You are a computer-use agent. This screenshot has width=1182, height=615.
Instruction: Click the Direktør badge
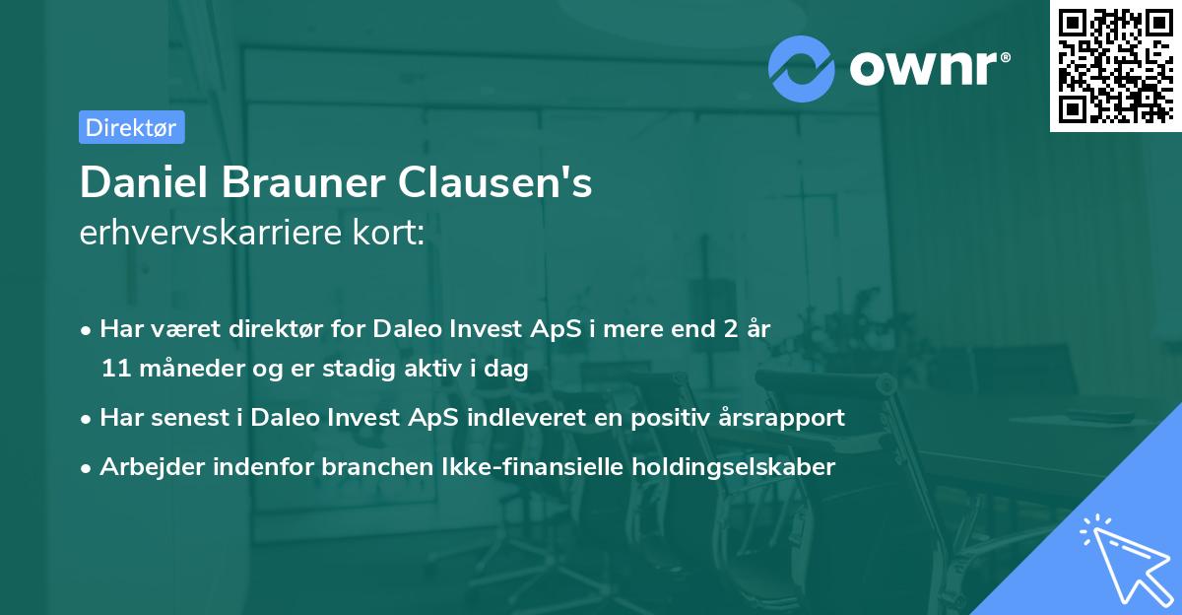click(131, 127)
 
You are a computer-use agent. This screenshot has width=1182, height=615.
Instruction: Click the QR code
click(1115, 66)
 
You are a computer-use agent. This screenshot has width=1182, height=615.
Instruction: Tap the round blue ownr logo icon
click(802, 67)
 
